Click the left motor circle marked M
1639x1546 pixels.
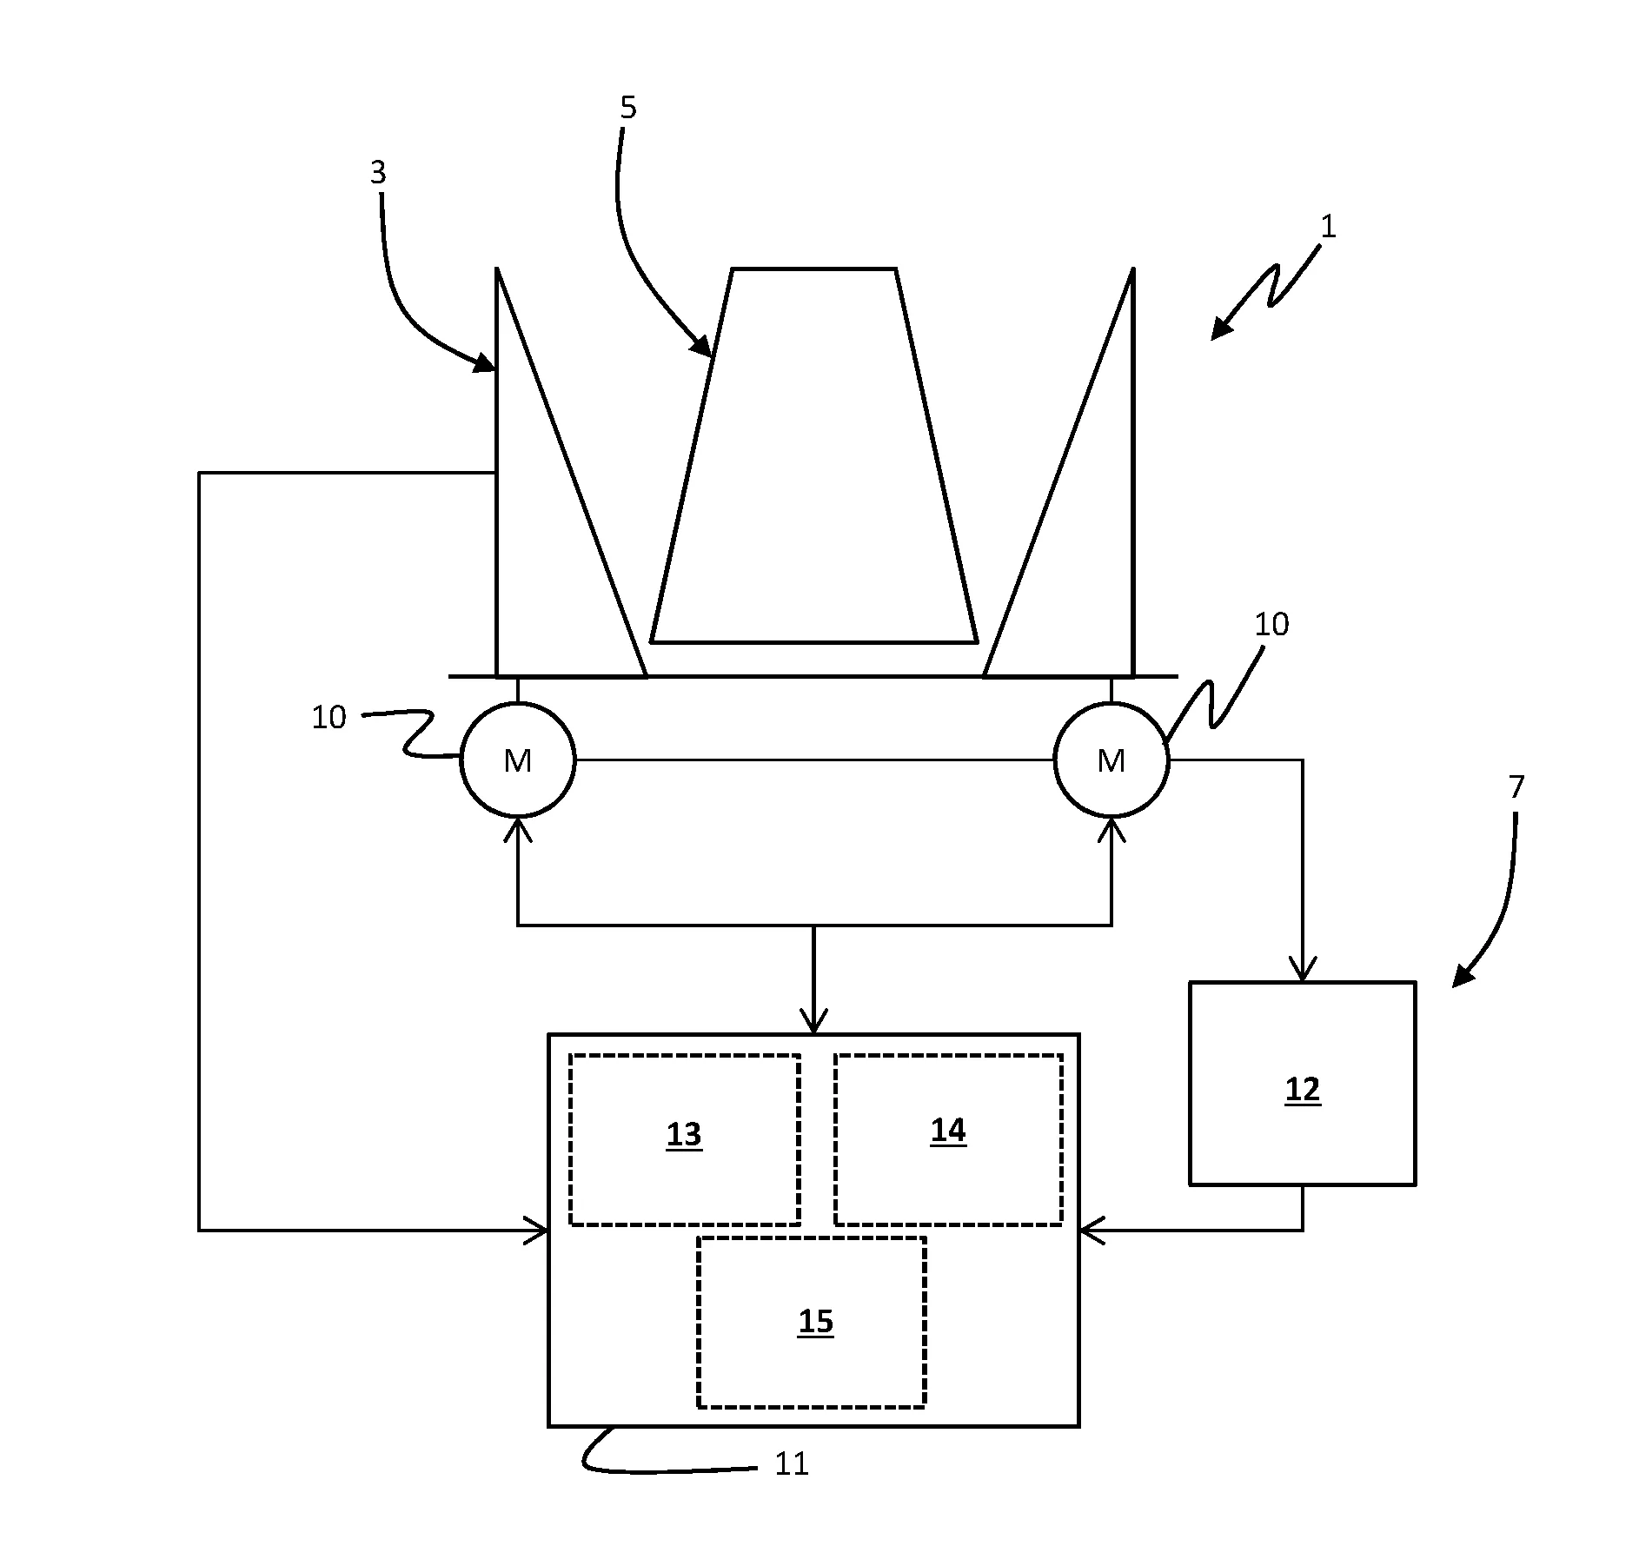tap(517, 760)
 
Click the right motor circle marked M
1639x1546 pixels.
tap(1111, 760)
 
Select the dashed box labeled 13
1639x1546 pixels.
tap(684, 1139)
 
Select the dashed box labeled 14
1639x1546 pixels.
tap(948, 1139)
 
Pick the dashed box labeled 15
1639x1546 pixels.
tap(811, 1322)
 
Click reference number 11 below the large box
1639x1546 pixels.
tap(791, 1464)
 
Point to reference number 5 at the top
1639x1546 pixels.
tap(627, 108)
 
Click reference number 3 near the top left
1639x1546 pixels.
tap(377, 173)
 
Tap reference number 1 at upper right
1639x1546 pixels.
tap(1327, 228)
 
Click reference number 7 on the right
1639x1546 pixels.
tap(1516, 787)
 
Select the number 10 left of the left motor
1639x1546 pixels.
tap(328, 718)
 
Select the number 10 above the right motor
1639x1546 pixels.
tap(1271, 624)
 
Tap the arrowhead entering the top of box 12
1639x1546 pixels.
tap(1302, 972)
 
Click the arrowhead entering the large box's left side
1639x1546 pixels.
tap(539, 1231)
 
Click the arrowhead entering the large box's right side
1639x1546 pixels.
tap(1090, 1231)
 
